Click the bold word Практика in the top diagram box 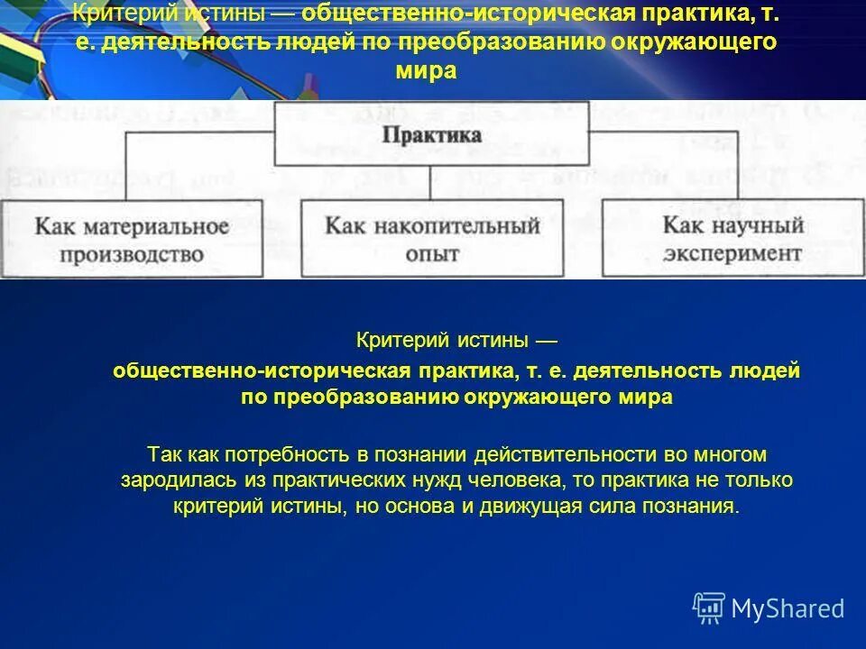coord(432,135)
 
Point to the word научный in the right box coord(759,225)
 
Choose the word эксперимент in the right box coord(732,253)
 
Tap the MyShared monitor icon coord(709,608)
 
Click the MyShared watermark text coord(788,608)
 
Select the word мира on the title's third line coord(431,71)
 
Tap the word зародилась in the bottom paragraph coord(168,481)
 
